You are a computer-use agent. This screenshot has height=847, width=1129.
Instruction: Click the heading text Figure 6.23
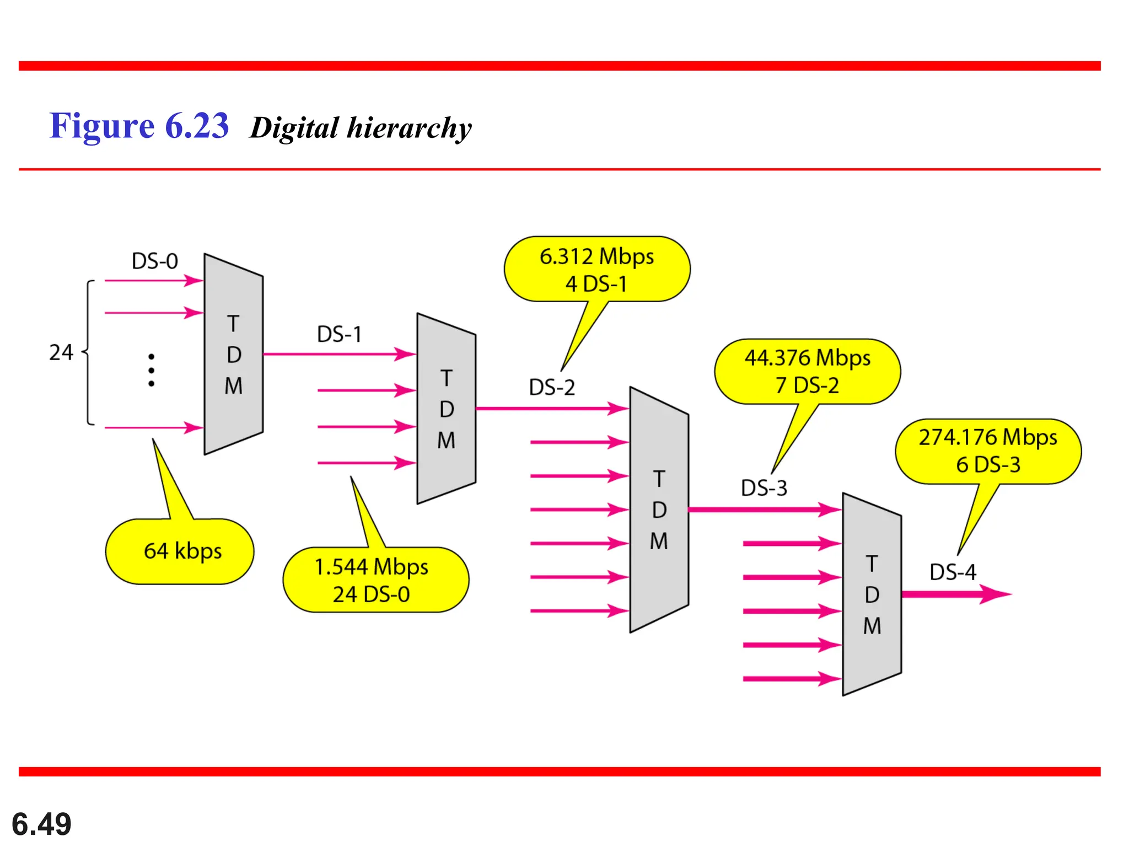click(139, 126)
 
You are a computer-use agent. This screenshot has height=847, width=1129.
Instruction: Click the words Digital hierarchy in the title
click(361, 128)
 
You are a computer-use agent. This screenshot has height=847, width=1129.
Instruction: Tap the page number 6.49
click(41, 824)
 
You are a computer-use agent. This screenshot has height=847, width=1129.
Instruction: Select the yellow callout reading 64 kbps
click(180, 551)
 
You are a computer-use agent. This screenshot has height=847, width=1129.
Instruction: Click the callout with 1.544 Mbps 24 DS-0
click(375, 580)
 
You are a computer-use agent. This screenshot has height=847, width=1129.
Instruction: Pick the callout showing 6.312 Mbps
click(596, 269)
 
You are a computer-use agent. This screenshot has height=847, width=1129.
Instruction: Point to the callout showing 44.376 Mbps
click(807, 371)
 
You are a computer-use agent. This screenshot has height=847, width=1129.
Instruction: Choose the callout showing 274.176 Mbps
click(987, 451)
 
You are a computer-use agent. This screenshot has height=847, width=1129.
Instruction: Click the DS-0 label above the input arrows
click(155, 261)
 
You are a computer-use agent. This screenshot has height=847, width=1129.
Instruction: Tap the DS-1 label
click(339, 334)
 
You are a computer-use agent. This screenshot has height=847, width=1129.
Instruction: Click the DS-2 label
click(552, 387)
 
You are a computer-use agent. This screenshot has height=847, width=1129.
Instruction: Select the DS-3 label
click(764, 488)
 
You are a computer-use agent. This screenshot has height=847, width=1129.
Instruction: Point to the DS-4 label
click(953, 572)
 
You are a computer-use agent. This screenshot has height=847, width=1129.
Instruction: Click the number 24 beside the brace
click(61, 352)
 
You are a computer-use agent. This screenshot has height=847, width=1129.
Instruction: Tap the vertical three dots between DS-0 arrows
click(151, 370)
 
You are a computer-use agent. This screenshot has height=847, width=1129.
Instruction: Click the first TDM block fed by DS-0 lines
click(233, 355)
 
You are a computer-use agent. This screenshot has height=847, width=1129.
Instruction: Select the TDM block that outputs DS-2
click(446, 409)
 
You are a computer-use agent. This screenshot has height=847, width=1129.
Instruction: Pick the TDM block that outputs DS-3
click(659, 510)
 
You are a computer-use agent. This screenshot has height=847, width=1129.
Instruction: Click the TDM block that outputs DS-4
click(872, 594)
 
